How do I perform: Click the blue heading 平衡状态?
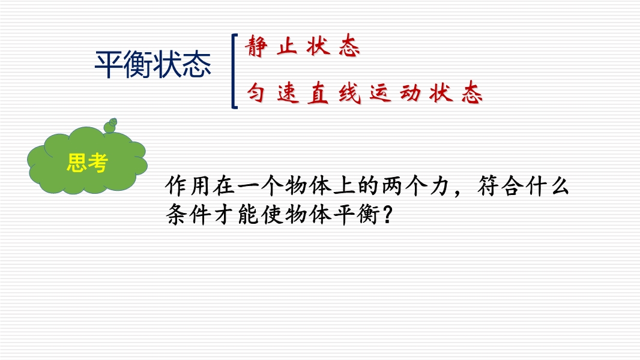click(152, 64)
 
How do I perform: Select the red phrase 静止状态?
click(303, 46)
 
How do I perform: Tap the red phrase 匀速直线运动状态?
click(364, 92)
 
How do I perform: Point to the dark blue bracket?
click(234, 71)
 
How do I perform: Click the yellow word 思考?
click(87, 163)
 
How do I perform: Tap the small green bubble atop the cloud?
click(110, 125)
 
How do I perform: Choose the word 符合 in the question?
click(500, 186)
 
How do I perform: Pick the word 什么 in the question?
click(548, 186)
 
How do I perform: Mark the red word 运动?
click(395, 92)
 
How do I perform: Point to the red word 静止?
click(271, 46)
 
